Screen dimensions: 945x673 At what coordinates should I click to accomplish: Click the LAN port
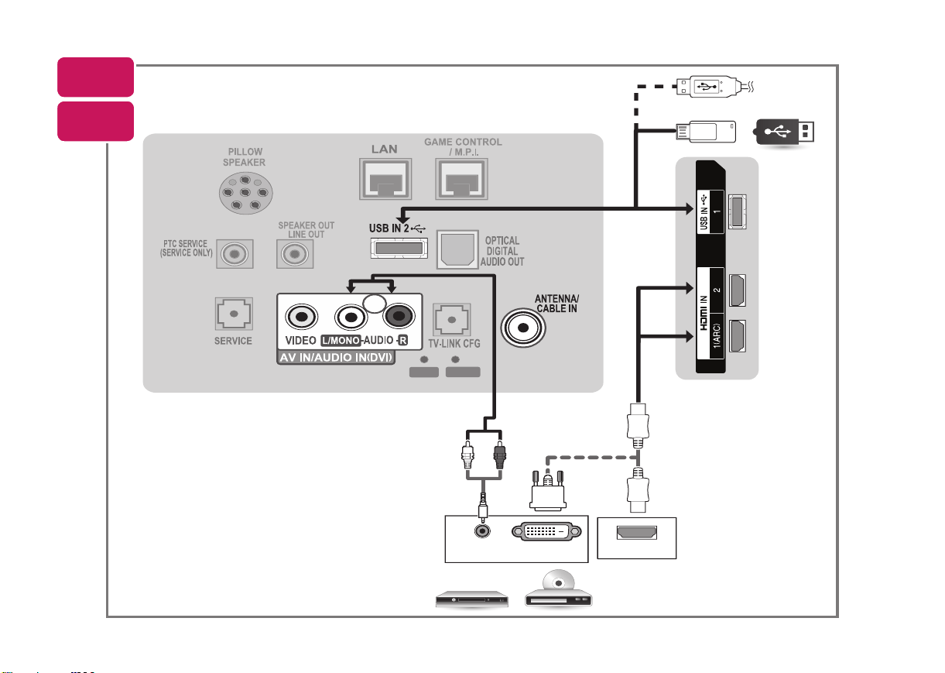pyautogui.click(x=385, y=179)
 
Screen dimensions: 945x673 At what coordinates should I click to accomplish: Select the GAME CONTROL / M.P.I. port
pyautogui.click(x=461, y=179)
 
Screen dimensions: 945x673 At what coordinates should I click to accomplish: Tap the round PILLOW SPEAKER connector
pyautogui.click(x=245, y=193)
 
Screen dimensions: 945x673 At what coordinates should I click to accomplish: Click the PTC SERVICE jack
pyautogui.click(x=235, y=254)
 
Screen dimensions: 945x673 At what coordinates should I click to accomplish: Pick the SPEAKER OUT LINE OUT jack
pyautogui.click(x=295, y=254)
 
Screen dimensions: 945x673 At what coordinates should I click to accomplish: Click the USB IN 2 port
pyautogui.click(x=399, y=248)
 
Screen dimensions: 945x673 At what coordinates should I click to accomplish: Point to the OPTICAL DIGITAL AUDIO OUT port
pyautogui.click(x=457, y=249)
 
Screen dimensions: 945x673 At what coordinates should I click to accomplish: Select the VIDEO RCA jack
pyautogui.click(x=301, y=317)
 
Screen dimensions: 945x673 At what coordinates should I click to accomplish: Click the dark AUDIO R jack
pyautogui.click(x=399, y=316)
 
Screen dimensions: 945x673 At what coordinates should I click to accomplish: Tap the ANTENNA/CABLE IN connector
pyautogui.click(x=523, y=328)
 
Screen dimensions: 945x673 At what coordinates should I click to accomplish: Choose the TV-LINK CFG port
pyautogui.click(x=452, y=320)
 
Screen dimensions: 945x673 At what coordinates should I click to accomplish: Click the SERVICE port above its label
pyautogui.click(x=234, y=314)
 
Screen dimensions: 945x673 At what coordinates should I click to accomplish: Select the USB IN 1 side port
pyautogui.click(x=737, y=211)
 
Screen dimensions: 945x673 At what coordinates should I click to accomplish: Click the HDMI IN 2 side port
pyautogui.click(x=737, y=290)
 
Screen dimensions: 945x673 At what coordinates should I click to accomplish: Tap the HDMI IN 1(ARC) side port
pyautogui.click(x=737, y=336)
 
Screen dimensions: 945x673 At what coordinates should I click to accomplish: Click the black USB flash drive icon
pyautogui.click(x=784, y=132)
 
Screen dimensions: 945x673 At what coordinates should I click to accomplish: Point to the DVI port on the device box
pyautogui.click(x=546, y=531)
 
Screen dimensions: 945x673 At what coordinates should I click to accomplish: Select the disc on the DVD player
pyautogui.click(x=559, y=582)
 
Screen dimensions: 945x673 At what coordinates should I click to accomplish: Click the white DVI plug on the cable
pyautogui.click(x=548, y=491)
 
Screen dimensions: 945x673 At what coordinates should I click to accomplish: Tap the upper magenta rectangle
pyautogui.click(x=96, y=77)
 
